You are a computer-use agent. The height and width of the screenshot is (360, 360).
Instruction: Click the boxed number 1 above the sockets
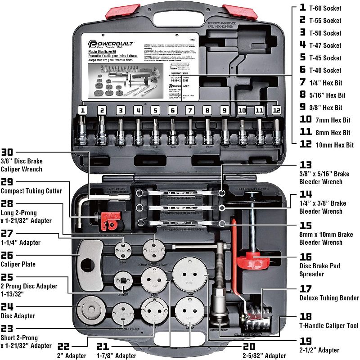[x=83, y=110]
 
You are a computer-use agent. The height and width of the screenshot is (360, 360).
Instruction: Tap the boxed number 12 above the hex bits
[x=276, y=110]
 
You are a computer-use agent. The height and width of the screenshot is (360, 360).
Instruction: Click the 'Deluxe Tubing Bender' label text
[x=329, y=297]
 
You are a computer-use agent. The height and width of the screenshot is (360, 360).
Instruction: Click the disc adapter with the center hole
[x=91, y=310]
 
